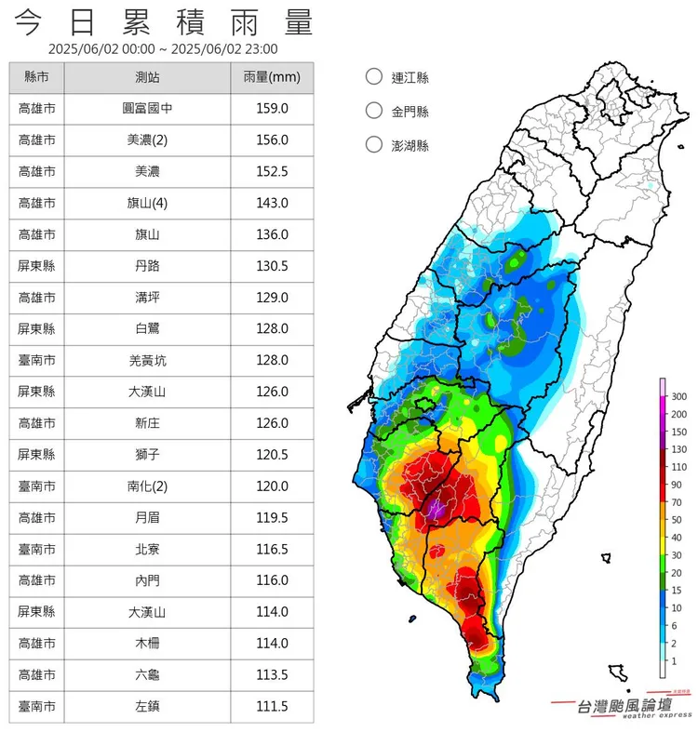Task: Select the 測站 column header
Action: point(147,77)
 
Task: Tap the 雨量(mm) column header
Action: point(272,77)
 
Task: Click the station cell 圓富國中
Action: point(147,109)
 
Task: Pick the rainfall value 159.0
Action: point(272,109)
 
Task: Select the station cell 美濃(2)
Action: point(147,140)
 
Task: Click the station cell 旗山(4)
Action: point(147,203)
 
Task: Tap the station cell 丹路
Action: point(147,266)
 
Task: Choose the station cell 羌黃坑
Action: point(147,360)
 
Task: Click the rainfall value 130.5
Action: point(272,266)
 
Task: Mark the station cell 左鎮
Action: point(147,706)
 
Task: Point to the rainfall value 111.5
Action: point(272,706)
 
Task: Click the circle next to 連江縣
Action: point(374,77)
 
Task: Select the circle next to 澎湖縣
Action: point(374,144)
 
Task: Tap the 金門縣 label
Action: point(409,112)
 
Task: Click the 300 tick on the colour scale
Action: point(678,397)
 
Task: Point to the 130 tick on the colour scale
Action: point(678,449)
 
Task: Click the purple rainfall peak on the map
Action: point(436,508)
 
